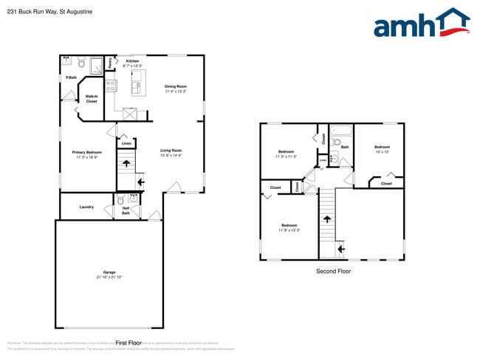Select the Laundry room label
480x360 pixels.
coord(86,207)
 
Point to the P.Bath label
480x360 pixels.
coord(72,77)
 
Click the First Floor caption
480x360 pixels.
coord(128,343)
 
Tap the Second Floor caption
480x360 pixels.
coord(333,271)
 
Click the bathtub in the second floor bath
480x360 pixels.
coord(340,133)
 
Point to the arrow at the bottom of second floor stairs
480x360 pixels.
coord(340,249)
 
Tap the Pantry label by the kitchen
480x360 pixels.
coord(110,63)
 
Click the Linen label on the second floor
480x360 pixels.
coord(323,160)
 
